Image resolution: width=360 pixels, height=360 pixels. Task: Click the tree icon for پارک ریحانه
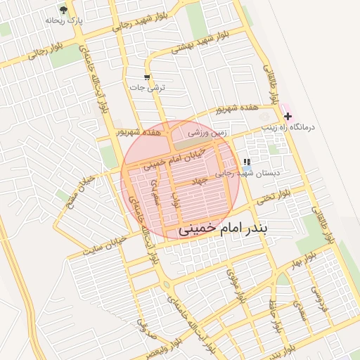[x=64, y=10]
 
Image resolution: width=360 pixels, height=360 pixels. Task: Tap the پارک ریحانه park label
[x=64, y=21]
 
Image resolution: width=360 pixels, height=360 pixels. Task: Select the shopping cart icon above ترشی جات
[x=147, y=77]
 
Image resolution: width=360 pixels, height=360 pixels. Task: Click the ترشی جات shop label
[x=147, y=88]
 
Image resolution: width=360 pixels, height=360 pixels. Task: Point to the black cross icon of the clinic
[x=288, y=115]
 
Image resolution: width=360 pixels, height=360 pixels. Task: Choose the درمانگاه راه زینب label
[x=290, y=127]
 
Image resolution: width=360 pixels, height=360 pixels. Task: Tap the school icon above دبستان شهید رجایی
[x=246, y=162]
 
